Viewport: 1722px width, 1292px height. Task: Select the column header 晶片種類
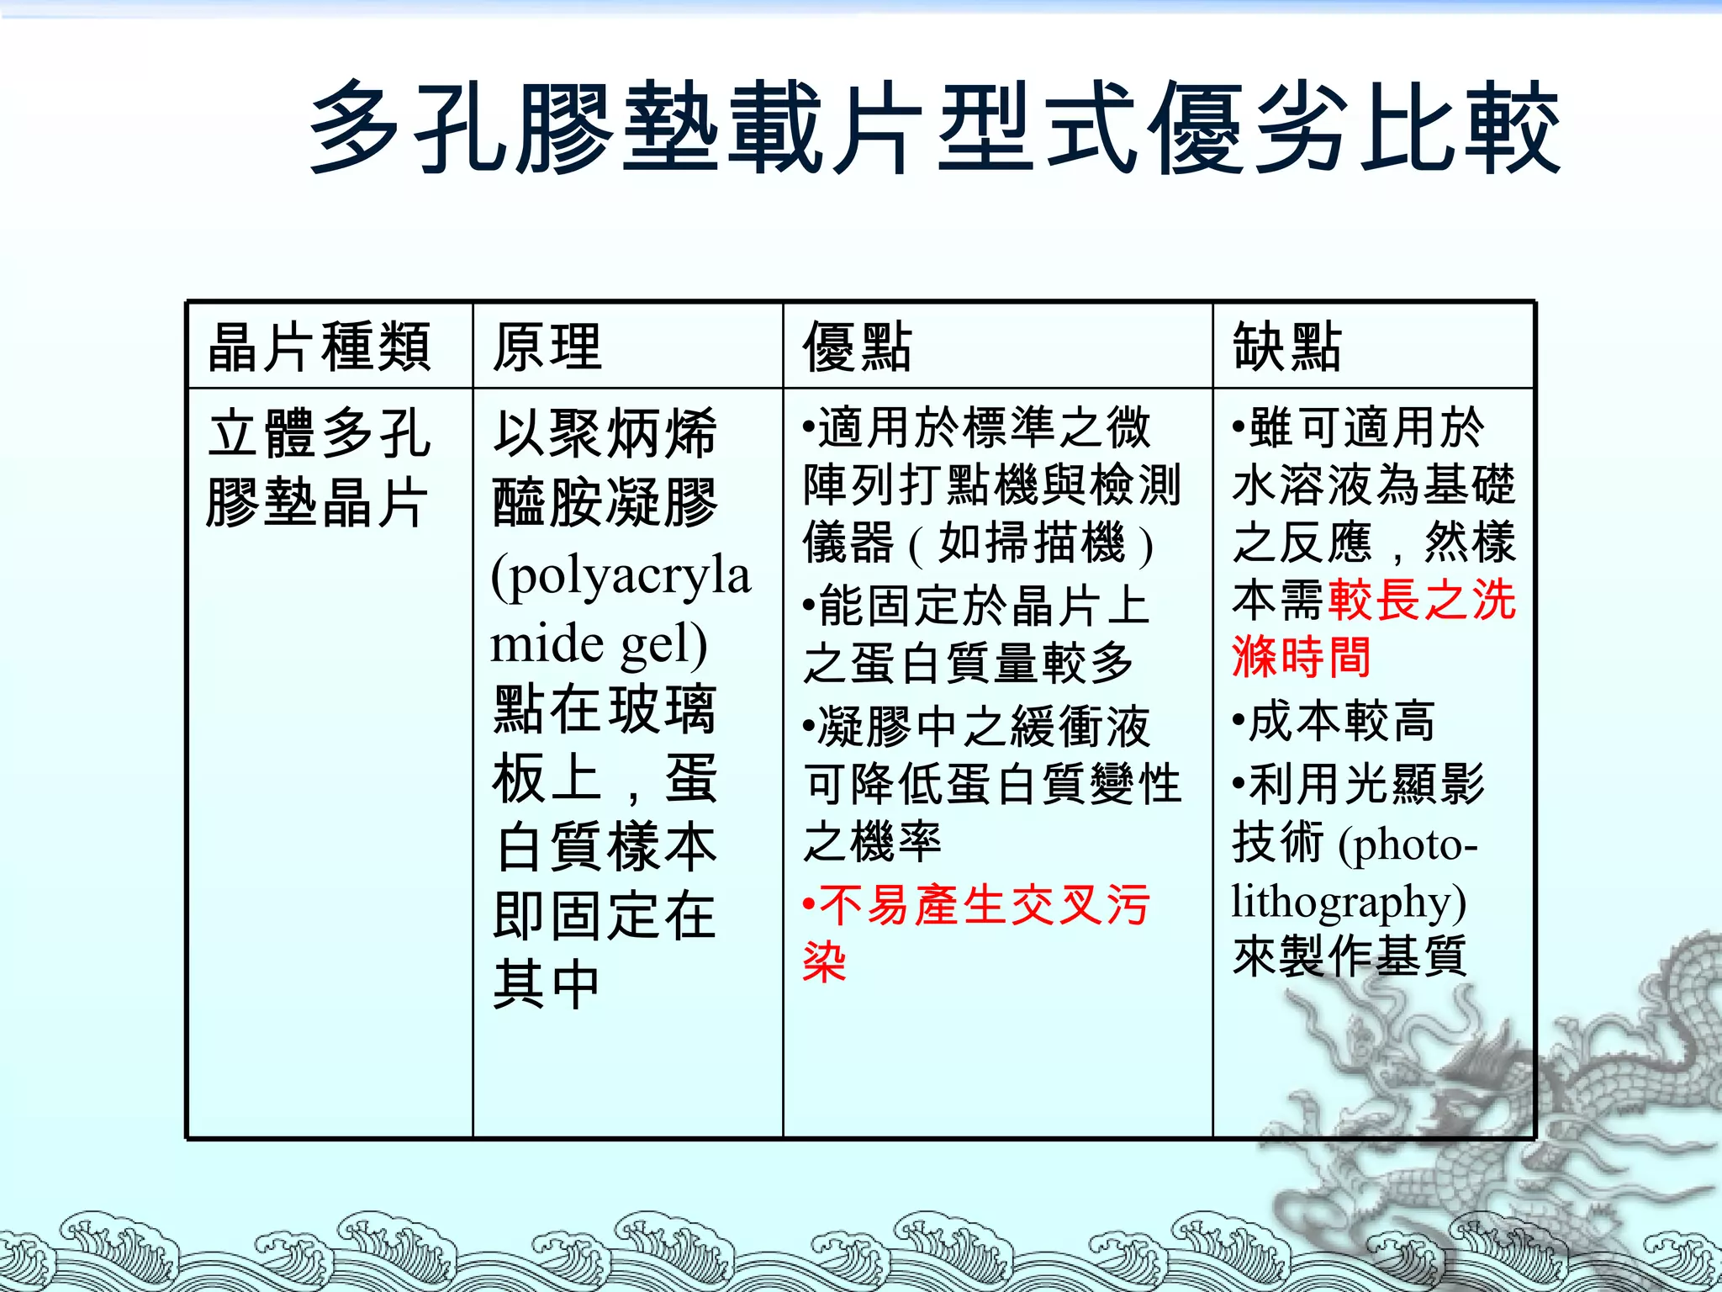(x=320, y=347)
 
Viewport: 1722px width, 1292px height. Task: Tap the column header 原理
(x=547, y=347)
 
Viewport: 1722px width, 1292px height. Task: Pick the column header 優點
(x=858, y=347)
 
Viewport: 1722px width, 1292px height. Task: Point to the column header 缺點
(x=1286, y=347)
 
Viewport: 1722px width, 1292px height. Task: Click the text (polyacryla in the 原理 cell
(x=621, y=577)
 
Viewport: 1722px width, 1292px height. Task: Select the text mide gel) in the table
(x=599, y=644)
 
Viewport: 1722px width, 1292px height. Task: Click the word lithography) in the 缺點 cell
(x=1349, y=902)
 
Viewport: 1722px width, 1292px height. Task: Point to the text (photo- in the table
(x=1409, y=844)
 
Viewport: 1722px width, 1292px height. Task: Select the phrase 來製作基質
(x=1350, y=957)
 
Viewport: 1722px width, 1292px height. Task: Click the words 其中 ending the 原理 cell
(x=547, y=984)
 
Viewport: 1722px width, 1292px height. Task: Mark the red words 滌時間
(x=1302, y=658)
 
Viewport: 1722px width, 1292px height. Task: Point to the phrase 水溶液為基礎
(x=1374, y=485)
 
